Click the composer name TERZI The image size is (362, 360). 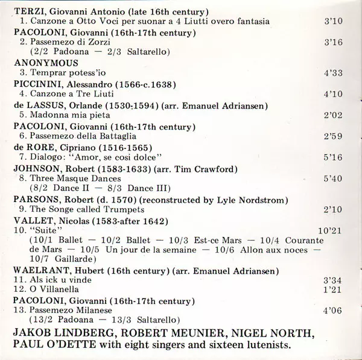pyautogui.click(x=28, y=11)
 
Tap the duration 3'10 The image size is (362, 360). pyautogui.click(x=334, y=22)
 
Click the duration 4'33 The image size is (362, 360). pyautogui.click(x=334, y=73)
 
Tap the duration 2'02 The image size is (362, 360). pyautogui.click(x=334, y=115)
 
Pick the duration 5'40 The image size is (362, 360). pyautogui.click(x=334, y=178)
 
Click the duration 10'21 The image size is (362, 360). pyautogui.click(x=331, y=231)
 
